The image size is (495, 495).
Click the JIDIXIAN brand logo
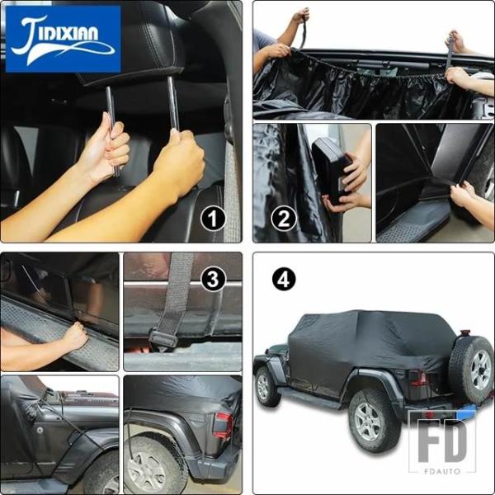[x=64, y=39]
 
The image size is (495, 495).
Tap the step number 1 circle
[x=213, y=219]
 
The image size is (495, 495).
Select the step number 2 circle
[x=284, y=219]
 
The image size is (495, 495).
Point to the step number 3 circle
[x=213, y=279]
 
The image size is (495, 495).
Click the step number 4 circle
[x=284, y=279]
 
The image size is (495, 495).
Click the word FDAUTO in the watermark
[x=442, y=471]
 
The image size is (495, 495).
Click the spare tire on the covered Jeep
[x=472, y=369]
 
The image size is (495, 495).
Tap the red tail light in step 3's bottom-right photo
[x=223, y=424]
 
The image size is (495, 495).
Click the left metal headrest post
[x=111, y=126]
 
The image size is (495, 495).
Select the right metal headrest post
[x=173, y=104]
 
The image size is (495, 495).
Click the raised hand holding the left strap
[x=300, y=16]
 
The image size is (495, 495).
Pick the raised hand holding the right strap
[x=455, y=40]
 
